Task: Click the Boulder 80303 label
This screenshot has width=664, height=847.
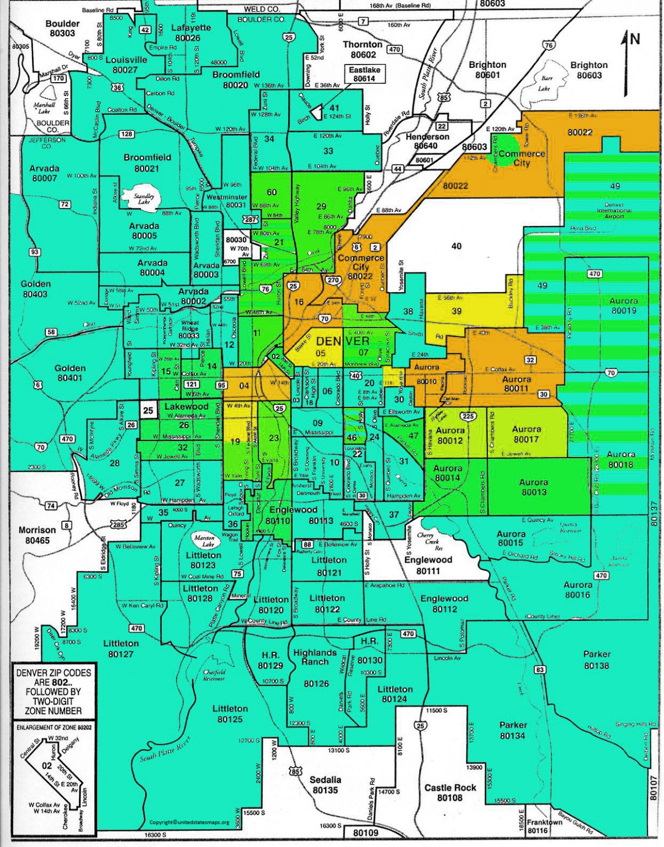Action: tap(62, 28)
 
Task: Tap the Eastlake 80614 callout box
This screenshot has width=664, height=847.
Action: tap(364, 74)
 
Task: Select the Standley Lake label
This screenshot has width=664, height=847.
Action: tap(144, 199)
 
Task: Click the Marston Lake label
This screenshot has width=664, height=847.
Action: tap(204, 540)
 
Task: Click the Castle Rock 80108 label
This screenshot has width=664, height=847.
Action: tap(450, 792)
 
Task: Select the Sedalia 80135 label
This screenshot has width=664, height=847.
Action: tap(325, 785)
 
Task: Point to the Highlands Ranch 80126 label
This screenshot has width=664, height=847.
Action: tap(315, 668)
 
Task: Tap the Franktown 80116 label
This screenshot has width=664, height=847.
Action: tap(544, 825)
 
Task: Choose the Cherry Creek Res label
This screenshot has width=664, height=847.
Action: tap(430, 542)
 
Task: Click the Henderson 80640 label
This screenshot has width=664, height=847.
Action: tap(427, 141)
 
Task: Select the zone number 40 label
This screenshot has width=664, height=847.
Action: tap(456, 246)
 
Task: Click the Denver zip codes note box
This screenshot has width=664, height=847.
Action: tap(54, 691)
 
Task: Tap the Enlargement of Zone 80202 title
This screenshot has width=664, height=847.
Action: tap(54, 727)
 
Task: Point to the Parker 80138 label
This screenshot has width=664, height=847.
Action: tap(597, 660)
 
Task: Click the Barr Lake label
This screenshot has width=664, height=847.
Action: tap(545, 83)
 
